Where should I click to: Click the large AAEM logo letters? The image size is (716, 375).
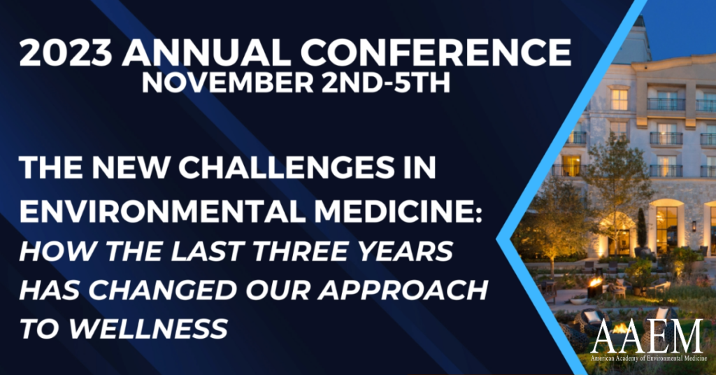pos(647,338)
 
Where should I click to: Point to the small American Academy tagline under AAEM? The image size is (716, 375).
pos(647,358)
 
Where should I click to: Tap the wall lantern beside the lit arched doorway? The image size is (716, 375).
pos(694,225)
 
